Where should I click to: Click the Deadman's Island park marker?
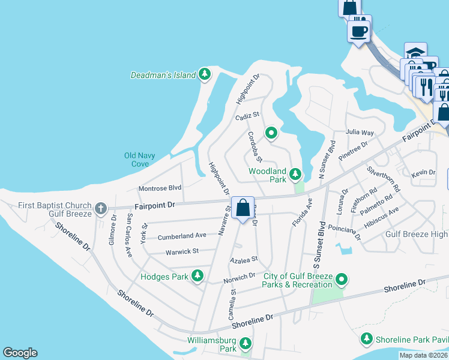click(x=205, y=74)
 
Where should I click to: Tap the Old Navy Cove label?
click(x=140, y=160)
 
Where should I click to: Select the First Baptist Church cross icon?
click(x=101, y=209)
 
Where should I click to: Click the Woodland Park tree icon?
click(x=295, y=174)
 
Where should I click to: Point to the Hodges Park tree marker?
click(x=197, y=277)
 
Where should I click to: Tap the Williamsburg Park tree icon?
click(x=245, y=343)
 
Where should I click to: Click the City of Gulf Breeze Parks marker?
click(x=342, y=279)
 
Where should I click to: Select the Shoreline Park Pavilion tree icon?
click(x=367, y=340)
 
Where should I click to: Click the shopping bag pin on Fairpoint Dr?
click(x=243, y=209)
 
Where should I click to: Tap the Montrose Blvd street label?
click(x=160, y=188)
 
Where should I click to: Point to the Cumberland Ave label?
click(x=182, y=236)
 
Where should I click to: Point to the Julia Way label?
click(x=360, y=132)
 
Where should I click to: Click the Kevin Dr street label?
click(x=423, y=173)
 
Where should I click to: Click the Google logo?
click(x=20, y=353)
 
